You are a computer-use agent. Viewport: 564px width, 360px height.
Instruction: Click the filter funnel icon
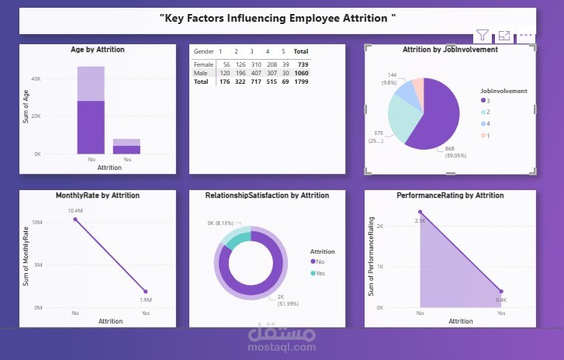point(483,35)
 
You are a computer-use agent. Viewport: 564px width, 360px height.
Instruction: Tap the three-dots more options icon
point(527,35)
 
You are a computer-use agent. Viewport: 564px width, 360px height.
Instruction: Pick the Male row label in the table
point(200,73)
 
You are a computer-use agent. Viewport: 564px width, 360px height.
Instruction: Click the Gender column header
point(204,50)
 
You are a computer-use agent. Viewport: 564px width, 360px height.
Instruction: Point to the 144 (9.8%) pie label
point(391,79)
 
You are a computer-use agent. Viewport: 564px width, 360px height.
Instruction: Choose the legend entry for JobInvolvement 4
point(485,123)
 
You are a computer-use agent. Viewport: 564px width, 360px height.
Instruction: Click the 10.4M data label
point(74,211)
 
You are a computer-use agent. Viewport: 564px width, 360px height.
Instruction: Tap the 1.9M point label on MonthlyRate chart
point(145,300)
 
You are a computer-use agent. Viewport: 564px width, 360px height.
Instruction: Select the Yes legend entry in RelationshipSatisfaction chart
point(320,273)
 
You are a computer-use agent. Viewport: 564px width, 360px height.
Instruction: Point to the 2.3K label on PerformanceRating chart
point(420,221)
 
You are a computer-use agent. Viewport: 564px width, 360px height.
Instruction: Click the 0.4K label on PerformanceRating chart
point(501,300)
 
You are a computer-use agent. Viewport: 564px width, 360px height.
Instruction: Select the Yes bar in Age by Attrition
point(126,146)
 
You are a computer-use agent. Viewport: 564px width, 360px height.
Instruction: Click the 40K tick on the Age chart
point(36,79)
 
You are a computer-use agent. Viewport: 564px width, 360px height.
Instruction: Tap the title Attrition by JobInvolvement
point(450,50)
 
